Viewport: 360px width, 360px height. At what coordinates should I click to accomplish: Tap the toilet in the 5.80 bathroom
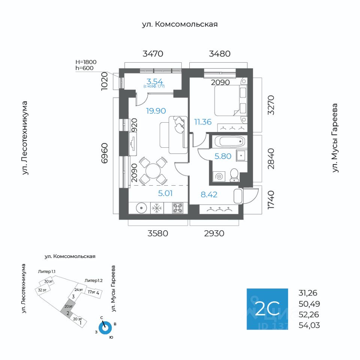(x=234, y=175)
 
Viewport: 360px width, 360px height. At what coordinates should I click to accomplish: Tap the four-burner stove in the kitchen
(x=178, y=208)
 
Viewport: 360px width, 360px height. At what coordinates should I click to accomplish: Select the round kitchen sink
(x=140, y=208)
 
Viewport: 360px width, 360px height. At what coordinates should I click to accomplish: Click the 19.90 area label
(x=156, y=111)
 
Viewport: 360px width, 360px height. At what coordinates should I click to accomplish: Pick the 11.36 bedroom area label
(x=202, y=121)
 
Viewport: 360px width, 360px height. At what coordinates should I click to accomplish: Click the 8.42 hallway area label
(x=209, y=195)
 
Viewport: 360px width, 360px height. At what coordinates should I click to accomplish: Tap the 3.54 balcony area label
(x=154, y=81)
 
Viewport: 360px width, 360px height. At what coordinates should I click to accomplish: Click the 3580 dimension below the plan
(x=157, y=233)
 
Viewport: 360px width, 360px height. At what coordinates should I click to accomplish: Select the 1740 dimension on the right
(x=271, y=200)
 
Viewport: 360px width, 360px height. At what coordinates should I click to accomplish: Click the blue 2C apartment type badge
(x=267, y=309)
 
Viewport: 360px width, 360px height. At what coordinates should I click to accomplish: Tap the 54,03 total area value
(x=309, y=325)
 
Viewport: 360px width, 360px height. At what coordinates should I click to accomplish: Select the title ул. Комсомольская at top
(x=180, y=24)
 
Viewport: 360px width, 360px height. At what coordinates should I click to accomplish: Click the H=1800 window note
(x=86, y=62)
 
